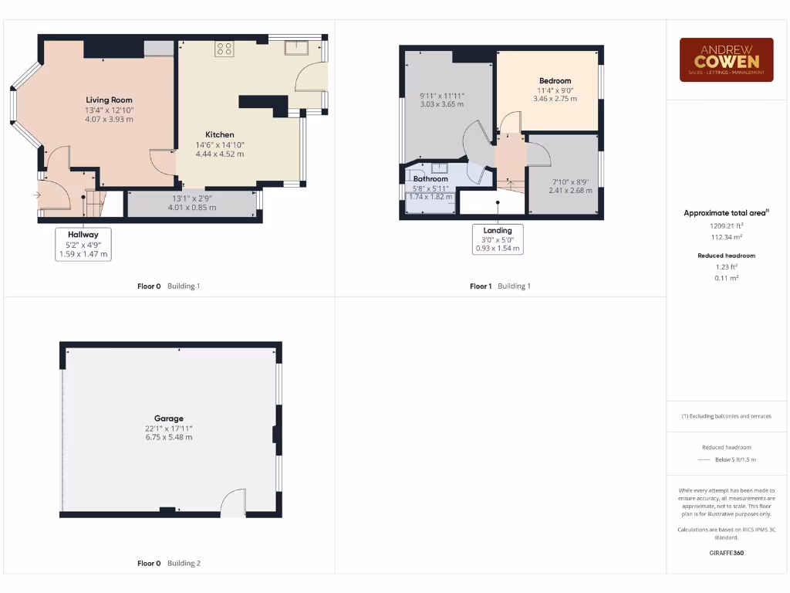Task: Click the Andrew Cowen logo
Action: pyautogui.click(x=726, y=59)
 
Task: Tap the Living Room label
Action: pyautogui.click(x=109, y=100)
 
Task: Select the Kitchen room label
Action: pyautogui.click(x=219, y=134)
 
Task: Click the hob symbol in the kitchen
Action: pyautogui.click(x=225, y=49)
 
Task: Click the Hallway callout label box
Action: pyautogui.click(x=83, y=243)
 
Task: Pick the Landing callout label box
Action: pyautogui.click(x=498, y=239)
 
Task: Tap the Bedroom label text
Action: pyautogui.click(x=555, y=81)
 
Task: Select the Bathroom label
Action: pyautogui.click(x=430, y=179)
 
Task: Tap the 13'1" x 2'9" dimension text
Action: pyautogui.click(x=191, y=198)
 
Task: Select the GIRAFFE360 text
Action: pyautogui.click(x=725, y=553)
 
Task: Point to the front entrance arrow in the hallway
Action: pyautogui.click(x=36, y=195)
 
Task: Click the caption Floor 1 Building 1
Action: pyautogui.click(x=500, y=286)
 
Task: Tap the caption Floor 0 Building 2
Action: pyautogui.click(x=168, y=564)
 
